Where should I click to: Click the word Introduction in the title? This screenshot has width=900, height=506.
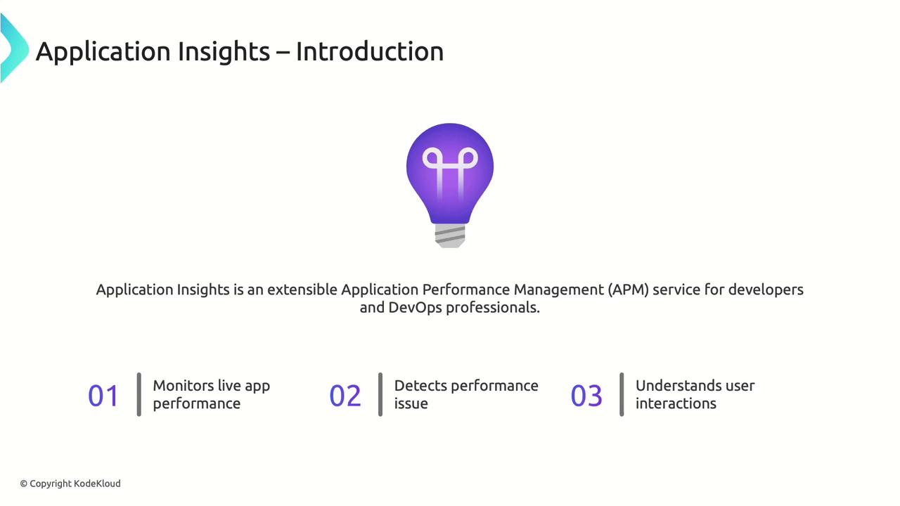pyautogui.click(x=370, y=51)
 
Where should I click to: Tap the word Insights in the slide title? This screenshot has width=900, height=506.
pyautogui.click(x=224, y=53)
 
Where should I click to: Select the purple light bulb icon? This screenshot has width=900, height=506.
pyautogui.click(x=450, y=185)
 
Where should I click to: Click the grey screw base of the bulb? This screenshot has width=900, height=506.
pyautogui.click(x=450, y=235)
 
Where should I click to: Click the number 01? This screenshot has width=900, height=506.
pyautogui.click(x=103, y=396)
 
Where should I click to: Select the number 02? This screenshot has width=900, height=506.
pyautogui.click(x=345, y=396)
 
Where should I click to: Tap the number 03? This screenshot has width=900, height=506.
pyautogui.click(x=586, y=396)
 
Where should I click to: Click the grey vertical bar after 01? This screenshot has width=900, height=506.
pyautogui.click(x=139, y=394)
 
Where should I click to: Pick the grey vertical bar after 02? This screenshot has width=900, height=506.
pyautogui.click(x=380, y=394)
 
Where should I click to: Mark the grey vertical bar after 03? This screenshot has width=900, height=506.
pyautogui.click(x=622, y=394)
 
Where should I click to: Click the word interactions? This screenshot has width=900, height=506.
pyautogui.click(x=676, y=403)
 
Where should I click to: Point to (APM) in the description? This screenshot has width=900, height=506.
pyautogui.click(x=628, y=290)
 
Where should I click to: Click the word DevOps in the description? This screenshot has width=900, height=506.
pyautogui.click(x=415, y=308)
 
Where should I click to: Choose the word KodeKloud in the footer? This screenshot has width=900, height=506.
pyautogui.click(x=97, y=484)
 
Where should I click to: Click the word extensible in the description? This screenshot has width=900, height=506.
pyautogui.click(x=302, y=290)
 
